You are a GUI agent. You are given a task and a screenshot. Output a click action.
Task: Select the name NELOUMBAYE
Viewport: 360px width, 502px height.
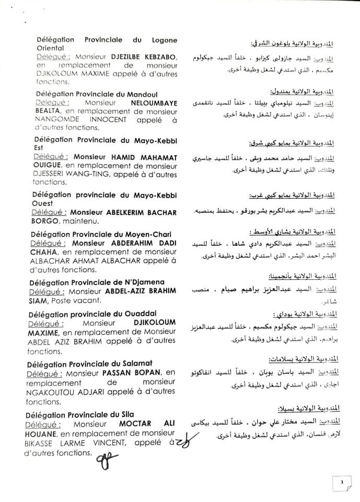(x=155, y=103)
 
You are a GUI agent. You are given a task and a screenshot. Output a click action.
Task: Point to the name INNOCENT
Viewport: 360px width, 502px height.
(x=104, y=120)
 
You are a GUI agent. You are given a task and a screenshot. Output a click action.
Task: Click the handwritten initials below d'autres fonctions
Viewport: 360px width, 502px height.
(x=103, y=459)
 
